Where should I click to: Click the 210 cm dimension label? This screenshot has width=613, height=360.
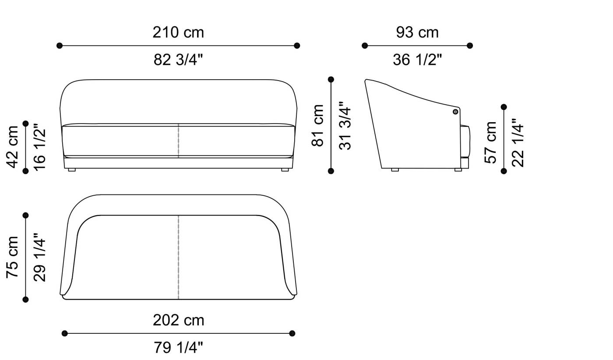point(178,32)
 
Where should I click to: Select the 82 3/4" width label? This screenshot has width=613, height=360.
point(178,60)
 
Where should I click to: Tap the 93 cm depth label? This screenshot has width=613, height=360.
point(417,32)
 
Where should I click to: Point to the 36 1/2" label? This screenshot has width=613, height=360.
point(417,60)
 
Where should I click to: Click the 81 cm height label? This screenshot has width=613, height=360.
point(318,125)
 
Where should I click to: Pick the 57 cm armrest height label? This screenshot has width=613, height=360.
point(491,142)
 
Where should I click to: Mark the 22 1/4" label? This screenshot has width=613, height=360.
point(518,143)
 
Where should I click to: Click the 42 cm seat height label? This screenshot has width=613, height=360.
point(13,147)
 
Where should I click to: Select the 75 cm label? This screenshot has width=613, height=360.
point(13,257)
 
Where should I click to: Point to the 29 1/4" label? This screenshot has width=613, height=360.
point(39,258)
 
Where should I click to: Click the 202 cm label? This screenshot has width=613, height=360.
point(178,320)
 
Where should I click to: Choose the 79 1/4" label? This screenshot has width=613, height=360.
point(178,348)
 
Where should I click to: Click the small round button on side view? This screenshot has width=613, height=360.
point(455,112)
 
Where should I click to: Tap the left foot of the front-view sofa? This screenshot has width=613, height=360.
point(72,170)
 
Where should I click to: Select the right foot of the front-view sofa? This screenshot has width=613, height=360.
point(285,170)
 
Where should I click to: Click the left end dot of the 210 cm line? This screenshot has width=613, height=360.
point(60,46)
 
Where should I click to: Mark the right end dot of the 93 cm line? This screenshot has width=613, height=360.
point(470,46)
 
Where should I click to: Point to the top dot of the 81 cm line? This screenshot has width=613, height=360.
point(331,79)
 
